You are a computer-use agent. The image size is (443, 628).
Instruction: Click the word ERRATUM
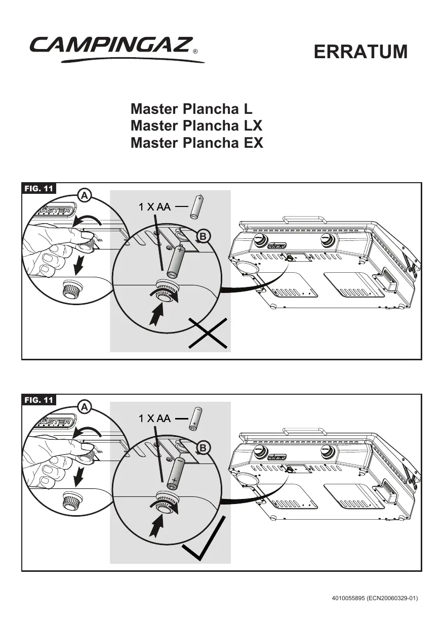click(x=360, y=52)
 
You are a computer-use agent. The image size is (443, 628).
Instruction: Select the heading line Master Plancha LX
click(x=196, y=125)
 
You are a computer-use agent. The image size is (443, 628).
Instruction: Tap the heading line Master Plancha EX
click(x=197, y=143)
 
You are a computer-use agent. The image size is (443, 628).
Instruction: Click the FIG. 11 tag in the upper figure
click(x=39, y=189)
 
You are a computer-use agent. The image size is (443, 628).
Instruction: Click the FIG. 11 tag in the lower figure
click(x=39, y=400)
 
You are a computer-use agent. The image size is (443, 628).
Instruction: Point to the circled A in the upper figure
click(x=85, y=195)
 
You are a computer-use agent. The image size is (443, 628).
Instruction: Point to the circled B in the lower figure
click(x=203, y=448)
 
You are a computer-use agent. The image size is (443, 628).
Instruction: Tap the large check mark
click(x=203, y=545)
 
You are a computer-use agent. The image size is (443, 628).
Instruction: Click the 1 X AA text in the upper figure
click(x=154, y=206)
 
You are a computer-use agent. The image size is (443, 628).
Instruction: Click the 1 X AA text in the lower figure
click(x=154, y=418)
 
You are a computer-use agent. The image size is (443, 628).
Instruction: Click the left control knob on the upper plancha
click(x=259, y=239)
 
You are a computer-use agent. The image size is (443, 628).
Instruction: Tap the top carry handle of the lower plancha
click(x=303, y=431)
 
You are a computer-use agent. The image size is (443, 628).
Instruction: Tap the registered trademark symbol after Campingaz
click(x=195, y=52)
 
